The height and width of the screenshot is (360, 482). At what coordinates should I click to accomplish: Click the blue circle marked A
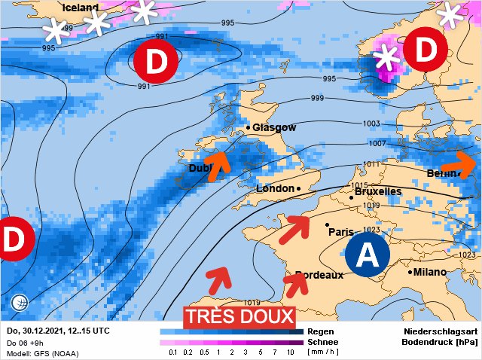[x=368, y=255]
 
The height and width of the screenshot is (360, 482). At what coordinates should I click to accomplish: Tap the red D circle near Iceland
[x=155, y=61]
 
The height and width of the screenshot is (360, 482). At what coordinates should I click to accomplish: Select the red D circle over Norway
[x=426, y=50]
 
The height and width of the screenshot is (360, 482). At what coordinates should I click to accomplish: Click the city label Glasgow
[x=274, y=128]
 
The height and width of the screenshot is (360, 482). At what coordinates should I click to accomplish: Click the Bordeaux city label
[x=319, y=275]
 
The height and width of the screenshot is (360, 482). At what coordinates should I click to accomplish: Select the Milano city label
[x=430, y=272]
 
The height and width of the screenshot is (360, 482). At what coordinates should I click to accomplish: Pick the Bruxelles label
[x=378, y=192]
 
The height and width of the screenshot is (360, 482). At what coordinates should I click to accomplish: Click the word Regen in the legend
[x=321, y=331]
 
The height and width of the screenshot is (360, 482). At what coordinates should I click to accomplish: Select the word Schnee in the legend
[x=323, y=341]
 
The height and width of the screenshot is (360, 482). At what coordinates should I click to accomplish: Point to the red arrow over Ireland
[x=217, y=164]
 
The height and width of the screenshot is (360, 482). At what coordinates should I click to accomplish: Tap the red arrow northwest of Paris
[x=294, y=227]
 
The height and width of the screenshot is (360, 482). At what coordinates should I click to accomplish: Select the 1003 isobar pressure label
[x=371, y=124]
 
